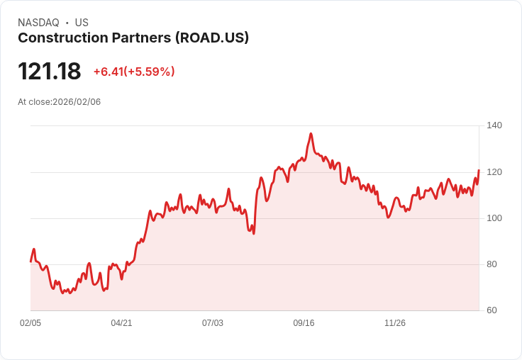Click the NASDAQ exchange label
[38, 23]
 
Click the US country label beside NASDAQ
[82, 23]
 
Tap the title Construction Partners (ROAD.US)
[133, 38]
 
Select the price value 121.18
[49, 72]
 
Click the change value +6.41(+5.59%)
[134, 72]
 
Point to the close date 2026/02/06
[77, 102]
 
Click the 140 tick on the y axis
[494, 125]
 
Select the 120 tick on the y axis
[494, 172]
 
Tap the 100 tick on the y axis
[494, 218]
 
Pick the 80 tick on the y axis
[494, 264]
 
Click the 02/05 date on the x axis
[30, 323]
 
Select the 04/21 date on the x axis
[121, 323]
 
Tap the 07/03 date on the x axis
[213, 323]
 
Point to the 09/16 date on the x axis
[304, 323]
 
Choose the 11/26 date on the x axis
[395, 323]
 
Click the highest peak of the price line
[311, 133]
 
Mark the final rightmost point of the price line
[479, 170]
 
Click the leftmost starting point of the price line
[30, 261]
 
